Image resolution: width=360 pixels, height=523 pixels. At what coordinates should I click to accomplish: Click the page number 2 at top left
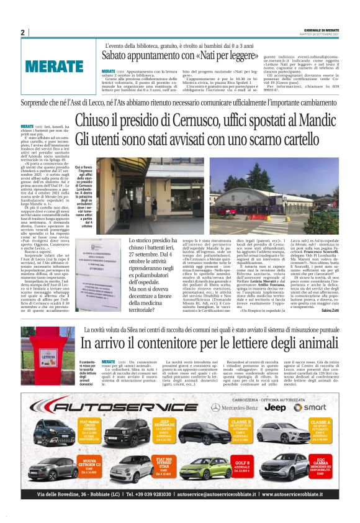[23, 32]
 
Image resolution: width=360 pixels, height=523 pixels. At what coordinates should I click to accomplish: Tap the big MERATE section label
[54, 65]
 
